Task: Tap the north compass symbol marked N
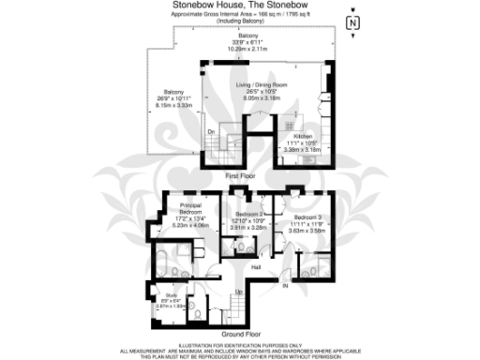pos(352,22)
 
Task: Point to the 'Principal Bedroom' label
pos(190,208)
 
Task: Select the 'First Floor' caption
pos(241,176)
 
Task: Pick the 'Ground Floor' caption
pos(241,335)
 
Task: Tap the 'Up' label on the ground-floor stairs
pos(238,292)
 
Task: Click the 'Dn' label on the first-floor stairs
pos(210,132)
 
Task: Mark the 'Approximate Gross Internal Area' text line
pos(241,16)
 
